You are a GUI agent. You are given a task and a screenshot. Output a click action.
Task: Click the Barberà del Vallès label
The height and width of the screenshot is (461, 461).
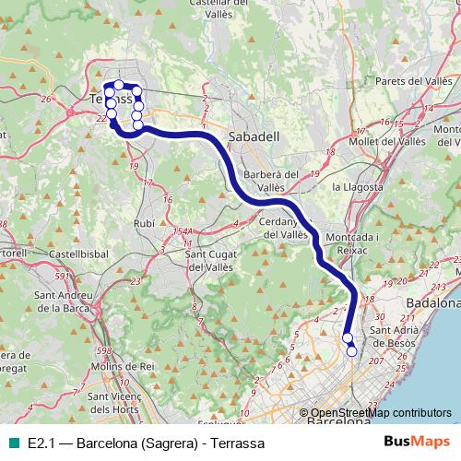point(271,180)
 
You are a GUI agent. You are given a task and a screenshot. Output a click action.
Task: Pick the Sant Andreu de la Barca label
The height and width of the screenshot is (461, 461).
point(67,301)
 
